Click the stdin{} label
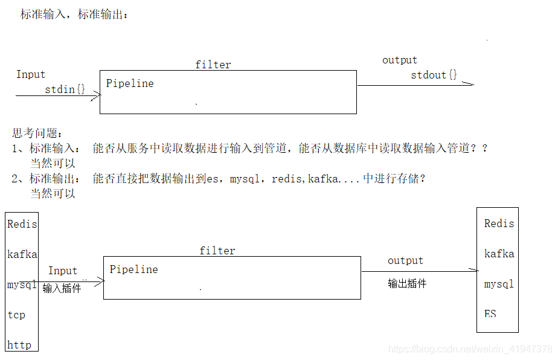pyautogui.click(x=65, y=89)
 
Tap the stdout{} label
pyautogui.click(x=434, y=75)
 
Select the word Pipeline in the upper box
pyautogui.click(x=130, y=83)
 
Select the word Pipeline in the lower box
pyautogui.click(x=133, y=269)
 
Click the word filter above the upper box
pyautogui.click(x=213, y=65)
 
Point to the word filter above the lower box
pyautogui.click(x=217, y=251)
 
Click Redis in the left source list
pyautogui.click(x=22, y=224)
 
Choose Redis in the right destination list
pyautogui.click(x=499, y=223)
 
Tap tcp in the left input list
pyautogui.click(x=16, y=315)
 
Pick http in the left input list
pyautogui.click(x=19, y=345)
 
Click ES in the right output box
pyautogui.click(x=490, y=314)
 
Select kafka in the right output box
pyautogui.click(x=499, y=254)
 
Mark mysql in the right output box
pyautogui.click(x=499, y=284)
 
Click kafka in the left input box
pyautogui.click(x=22, y=254)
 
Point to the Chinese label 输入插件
pyautogui.click(x=62, y=288)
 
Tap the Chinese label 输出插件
pyautogui.click(x=407, y=283)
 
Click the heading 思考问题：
pyautogui.click(x=37, y=133)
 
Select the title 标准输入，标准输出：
pyautogui.click(x=74, y=14)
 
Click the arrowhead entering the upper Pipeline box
pyautogui.click(x=97, y=95)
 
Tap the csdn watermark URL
pyautogui.click(x=470, y=349)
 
